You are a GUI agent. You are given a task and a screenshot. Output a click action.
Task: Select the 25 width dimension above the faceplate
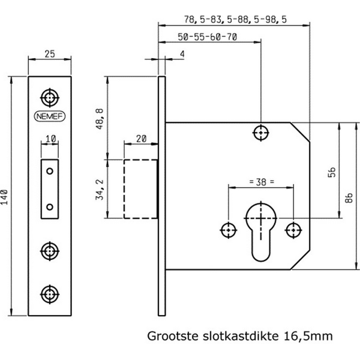[50, 55]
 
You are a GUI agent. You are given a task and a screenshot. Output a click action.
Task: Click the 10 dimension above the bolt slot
[50, 140]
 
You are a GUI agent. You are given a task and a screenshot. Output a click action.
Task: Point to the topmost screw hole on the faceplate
[49, 97]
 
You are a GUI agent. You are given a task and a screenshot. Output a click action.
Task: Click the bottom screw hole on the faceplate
[49, 293]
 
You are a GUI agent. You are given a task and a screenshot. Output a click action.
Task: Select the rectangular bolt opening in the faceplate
[50, 188]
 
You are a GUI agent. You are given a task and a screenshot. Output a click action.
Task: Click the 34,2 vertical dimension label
[100, 188]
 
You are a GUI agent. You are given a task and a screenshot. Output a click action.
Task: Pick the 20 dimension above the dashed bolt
[141, 139]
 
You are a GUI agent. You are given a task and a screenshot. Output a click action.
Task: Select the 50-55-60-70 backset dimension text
[208, 37]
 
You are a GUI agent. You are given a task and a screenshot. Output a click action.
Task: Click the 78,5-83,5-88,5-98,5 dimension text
[234, 19]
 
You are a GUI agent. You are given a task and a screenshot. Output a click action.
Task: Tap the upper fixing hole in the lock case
[261, 132]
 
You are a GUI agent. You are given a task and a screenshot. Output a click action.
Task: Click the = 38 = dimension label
[260, 180]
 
